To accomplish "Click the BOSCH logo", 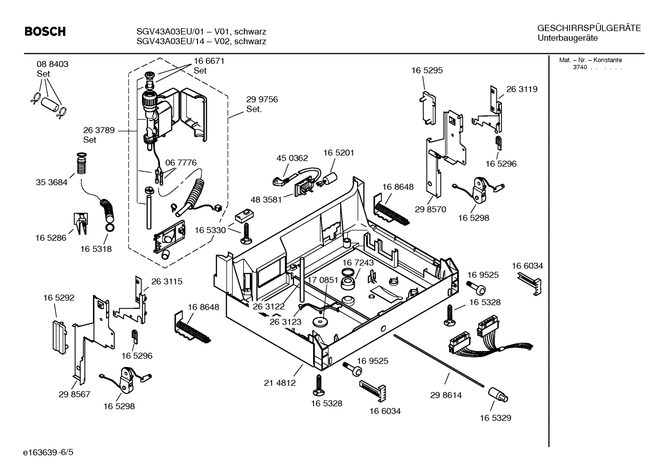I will click(x=45, y=31).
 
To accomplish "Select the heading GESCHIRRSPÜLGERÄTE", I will click(x=589, y=28).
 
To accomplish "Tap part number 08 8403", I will click(x=52, y=64).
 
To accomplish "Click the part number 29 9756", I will click(x=262, y=99).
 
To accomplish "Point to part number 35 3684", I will click(x=51, y=182).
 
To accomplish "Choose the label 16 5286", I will click(x=51, y=238).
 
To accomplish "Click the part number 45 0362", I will click(x=292, y=158).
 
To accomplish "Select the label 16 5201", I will click(x=339, y=153).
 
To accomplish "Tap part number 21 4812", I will click(x=280, y=383).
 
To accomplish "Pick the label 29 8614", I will click(x=446, y=395).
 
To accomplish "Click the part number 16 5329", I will click(x=495, y=418).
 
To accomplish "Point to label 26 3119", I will click(x=522, y=89).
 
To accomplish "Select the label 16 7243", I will click(x=358, y=263).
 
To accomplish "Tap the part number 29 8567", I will click(x=74, y=394).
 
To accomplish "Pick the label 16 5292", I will click(x=59, y=298).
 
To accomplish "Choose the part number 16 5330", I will click(x=210, y=230).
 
